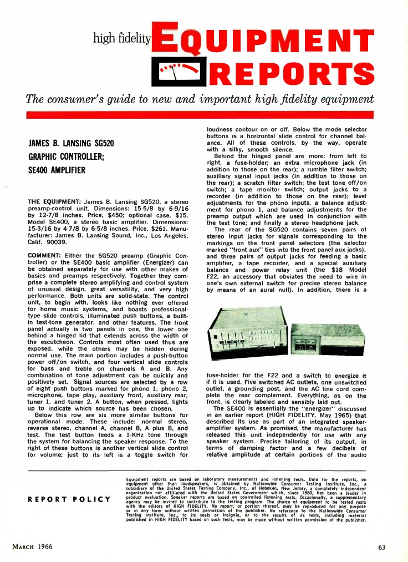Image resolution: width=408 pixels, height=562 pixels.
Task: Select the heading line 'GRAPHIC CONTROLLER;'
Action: [63, 157]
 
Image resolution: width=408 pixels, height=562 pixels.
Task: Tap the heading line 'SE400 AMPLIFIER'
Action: [57, 170]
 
